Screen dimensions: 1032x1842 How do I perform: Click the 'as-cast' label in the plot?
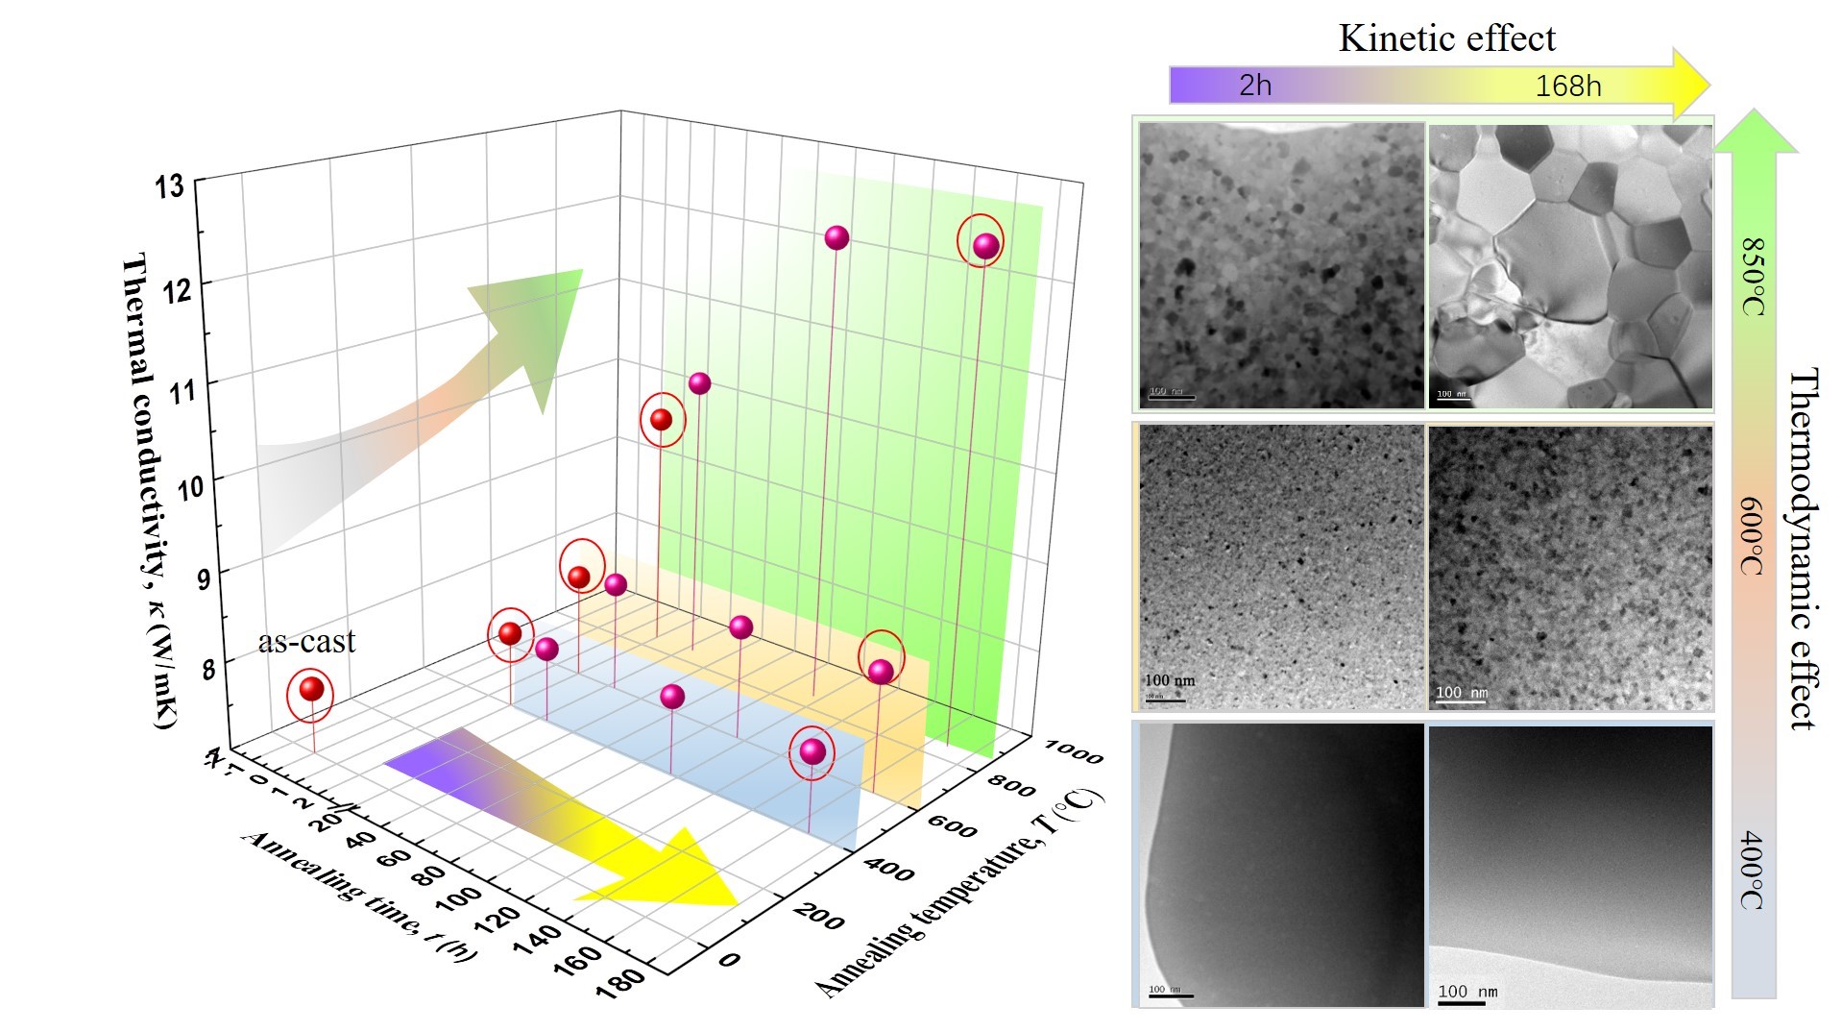tap(306, 641)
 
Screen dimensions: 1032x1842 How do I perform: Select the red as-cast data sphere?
tap(311, 689)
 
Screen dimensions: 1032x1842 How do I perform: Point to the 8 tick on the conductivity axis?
tap(208, 668)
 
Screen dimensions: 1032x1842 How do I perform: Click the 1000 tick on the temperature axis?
tap(1073, 751)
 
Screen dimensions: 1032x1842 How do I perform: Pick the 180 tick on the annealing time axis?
tap(619, 981)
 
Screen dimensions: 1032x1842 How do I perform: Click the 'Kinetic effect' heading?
tap(1446, 38)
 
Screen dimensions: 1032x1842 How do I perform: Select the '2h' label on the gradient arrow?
tap(1255, 86)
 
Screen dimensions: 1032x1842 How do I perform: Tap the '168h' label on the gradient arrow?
tap(1567, 86)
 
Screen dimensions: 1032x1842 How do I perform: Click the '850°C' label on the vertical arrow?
tap(1753, 276)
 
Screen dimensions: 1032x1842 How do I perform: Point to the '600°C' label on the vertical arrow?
tap(1753, 535)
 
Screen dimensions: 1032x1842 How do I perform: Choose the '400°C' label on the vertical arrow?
tap(1753, 871)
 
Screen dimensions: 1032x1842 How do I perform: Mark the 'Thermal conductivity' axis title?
tap(150, 490)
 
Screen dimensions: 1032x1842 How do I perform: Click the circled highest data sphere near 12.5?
tap(985, 247)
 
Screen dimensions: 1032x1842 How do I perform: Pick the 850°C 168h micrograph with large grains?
tap(1570, 265)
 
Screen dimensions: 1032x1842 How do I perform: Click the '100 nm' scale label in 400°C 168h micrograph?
tap(1467, 992)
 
